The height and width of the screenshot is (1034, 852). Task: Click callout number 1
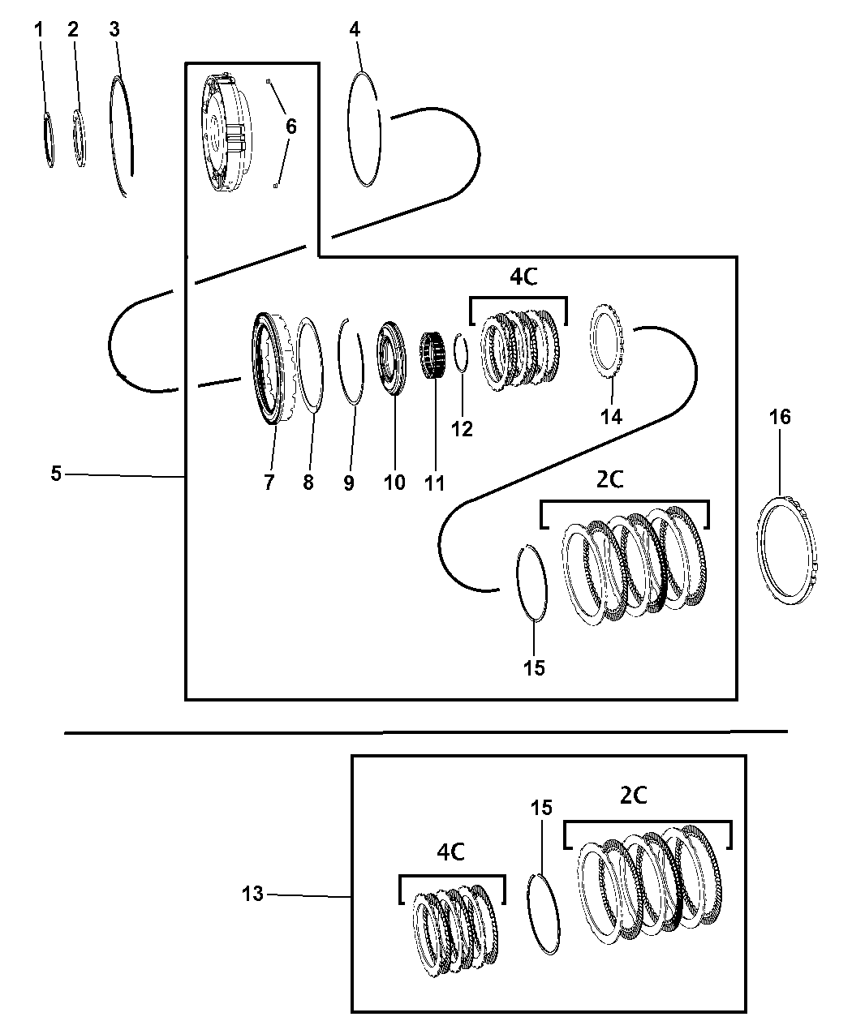pos(39,30)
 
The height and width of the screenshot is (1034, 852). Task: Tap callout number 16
pos(780,418)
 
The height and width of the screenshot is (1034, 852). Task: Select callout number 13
pos(252,894)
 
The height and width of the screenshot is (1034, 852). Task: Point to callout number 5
pos(55,474)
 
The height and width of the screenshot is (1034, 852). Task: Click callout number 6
pos(290,127)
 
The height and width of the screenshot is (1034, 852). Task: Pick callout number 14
pos(611,416)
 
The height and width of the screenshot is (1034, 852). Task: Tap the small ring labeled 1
pos(49,139)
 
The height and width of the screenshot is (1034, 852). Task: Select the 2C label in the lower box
pos(633,796)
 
